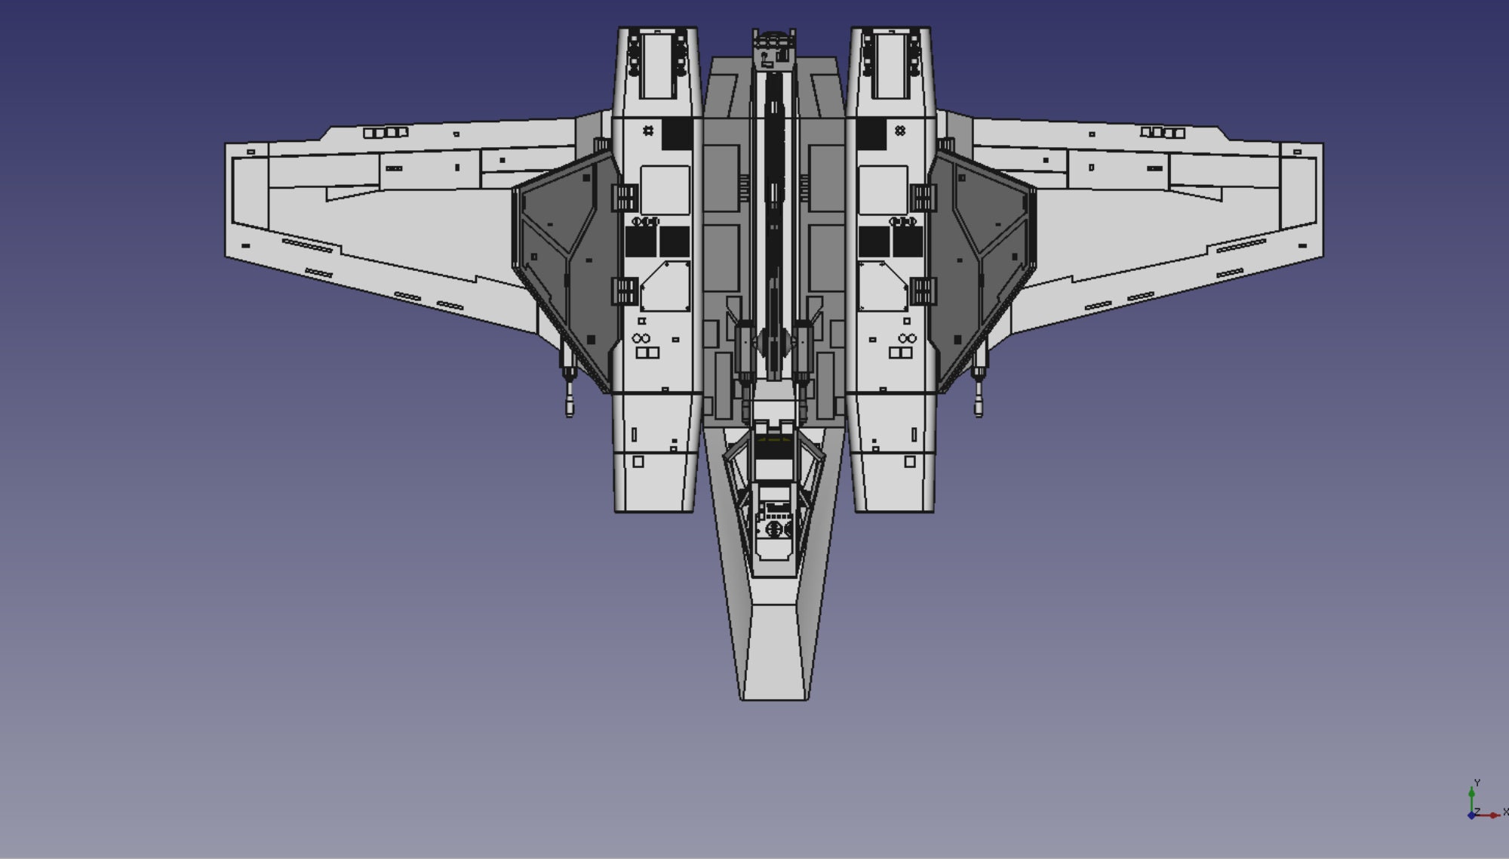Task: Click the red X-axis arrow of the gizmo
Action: (1486, 815)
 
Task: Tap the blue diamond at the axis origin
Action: (1471, 815)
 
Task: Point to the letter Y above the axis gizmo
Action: (1477, 783)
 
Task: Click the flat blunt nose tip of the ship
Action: (775, 699)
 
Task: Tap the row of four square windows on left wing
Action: (386, 133)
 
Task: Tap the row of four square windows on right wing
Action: (1162, 133)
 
